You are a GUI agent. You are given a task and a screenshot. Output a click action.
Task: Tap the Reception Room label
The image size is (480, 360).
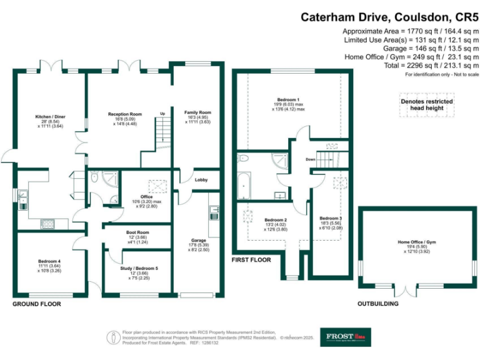point(125,114)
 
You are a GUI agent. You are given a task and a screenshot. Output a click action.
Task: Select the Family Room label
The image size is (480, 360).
point(197,113)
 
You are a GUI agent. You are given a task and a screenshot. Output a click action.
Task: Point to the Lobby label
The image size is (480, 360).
point(201,180)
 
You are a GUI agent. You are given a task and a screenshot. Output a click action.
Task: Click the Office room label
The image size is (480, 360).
point(147,197)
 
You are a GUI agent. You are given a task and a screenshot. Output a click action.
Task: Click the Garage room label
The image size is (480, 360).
point(197,240)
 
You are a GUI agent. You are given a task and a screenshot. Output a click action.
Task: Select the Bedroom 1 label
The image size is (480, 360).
point(289,100)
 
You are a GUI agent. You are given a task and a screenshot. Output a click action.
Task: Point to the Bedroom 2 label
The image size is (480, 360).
point(276,220)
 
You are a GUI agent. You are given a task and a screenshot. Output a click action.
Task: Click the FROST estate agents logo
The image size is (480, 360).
point(345,337)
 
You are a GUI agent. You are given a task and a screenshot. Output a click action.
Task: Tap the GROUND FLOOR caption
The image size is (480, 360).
point(37,304)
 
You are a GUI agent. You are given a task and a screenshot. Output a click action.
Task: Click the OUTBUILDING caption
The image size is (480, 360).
point(377,304)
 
